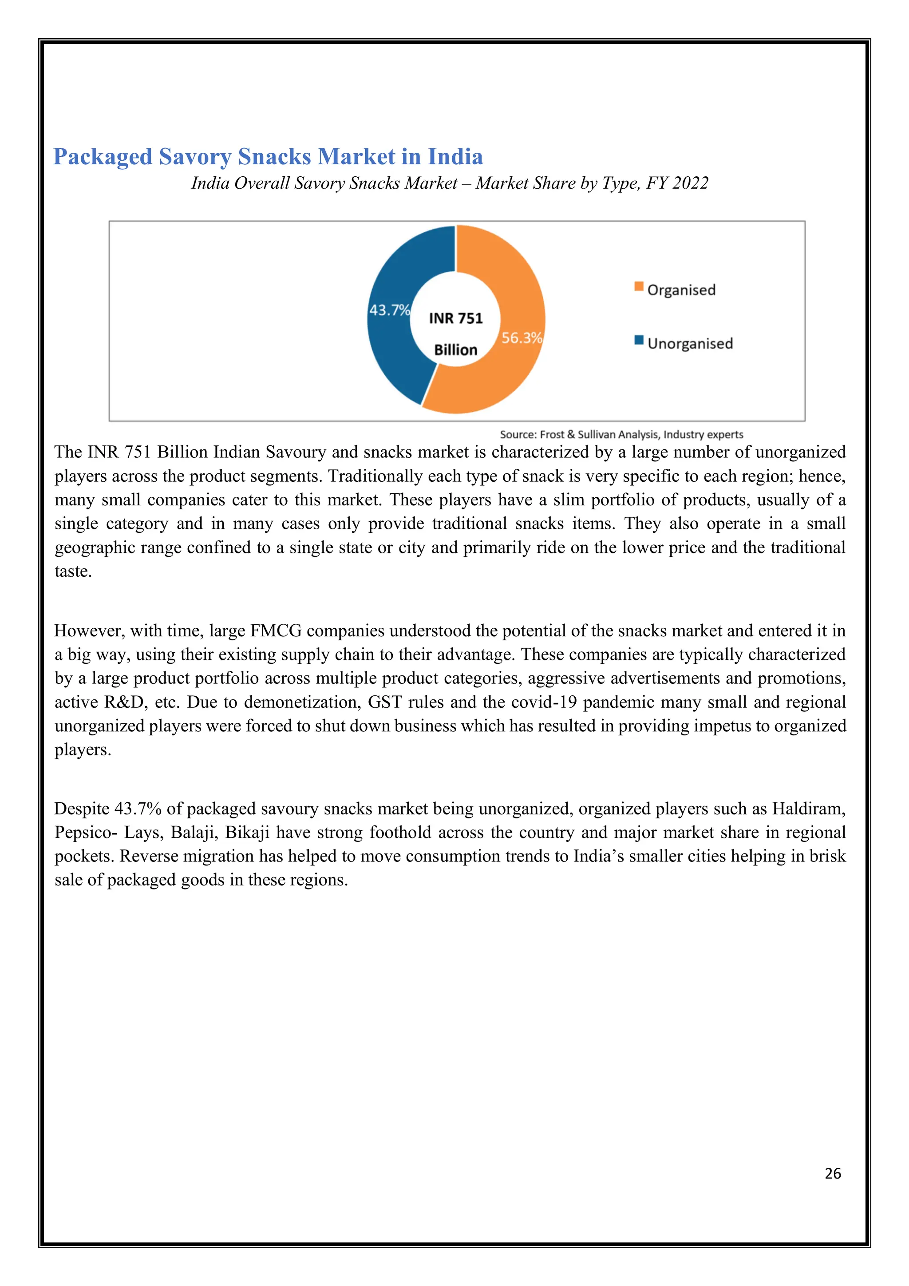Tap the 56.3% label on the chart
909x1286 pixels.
point(522,338)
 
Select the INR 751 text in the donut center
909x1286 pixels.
point(456,319)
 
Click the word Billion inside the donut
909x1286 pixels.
point(456,350)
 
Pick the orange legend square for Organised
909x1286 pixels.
point(639,287)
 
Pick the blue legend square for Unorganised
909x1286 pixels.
point(639,340)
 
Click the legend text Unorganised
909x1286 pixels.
point(690,344)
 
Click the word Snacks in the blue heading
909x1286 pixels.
point(274,157)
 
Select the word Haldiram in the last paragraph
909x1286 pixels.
point(808,809)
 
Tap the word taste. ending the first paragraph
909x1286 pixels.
point(73,572)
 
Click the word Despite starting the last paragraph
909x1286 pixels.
point(82,809)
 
